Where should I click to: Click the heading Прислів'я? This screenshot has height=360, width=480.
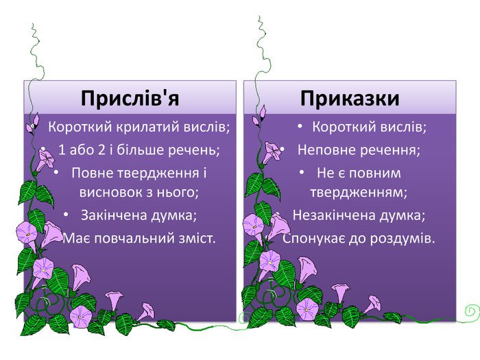pos(130,99)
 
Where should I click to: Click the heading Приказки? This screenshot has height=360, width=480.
pos(350,99)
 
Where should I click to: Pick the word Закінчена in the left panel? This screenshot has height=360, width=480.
pos(110,215)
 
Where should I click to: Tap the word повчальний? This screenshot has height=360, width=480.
pos(127,238)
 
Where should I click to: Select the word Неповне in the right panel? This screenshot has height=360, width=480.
pos(323,149)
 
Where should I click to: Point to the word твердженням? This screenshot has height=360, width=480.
pos(359,191)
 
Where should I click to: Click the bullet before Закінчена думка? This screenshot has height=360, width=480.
pos(66,215)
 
